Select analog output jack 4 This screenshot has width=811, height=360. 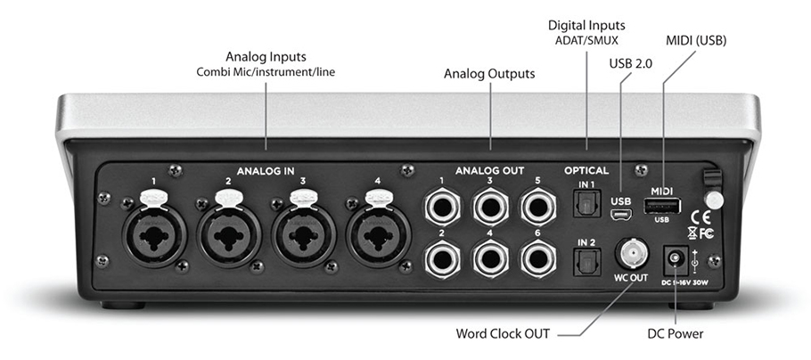pos(490,259)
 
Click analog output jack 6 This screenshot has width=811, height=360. pos(538,259)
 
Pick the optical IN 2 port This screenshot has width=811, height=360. pos(586,263)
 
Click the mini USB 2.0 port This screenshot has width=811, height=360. pos(620,214)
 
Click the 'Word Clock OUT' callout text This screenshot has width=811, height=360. pos(500,334)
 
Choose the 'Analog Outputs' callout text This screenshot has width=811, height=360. pos(489,74)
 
